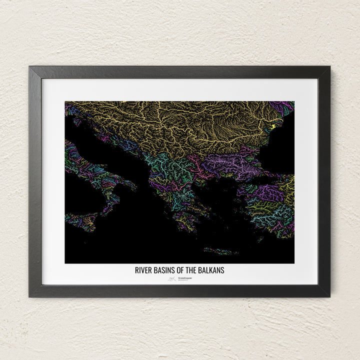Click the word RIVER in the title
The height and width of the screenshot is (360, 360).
[x=143, y=270]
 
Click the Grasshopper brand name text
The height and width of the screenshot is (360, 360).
[x=181, y=278]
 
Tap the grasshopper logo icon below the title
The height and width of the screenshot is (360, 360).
[x=171, y=279]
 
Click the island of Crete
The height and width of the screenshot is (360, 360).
[x=220, y=250]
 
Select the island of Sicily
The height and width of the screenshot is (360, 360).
[x=80, y=220]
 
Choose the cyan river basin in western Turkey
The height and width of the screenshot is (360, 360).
[x=270, y=212]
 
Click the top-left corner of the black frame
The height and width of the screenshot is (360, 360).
[x=30, y=67]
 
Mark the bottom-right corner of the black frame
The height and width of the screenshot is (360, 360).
[x=329, y=296]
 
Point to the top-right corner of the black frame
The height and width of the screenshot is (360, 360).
[x=329, y=67]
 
